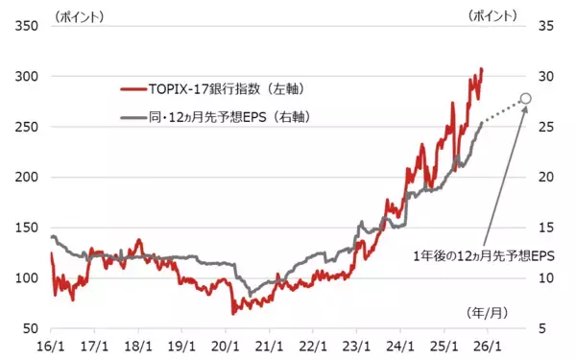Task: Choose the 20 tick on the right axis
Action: click(x=542, y=178)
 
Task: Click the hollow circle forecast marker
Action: click(x=525, y=98)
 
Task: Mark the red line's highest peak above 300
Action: click(x=482, y=68)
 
